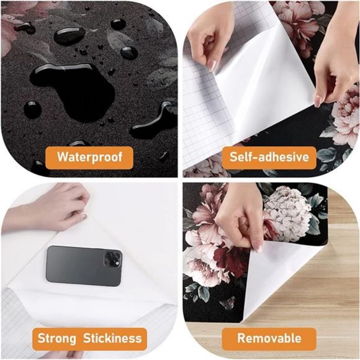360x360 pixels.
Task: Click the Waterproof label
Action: click(x=89, y=157)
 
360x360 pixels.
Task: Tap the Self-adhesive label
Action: click(x=269, y=157)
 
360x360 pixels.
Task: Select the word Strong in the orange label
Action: click(x=56, y=339)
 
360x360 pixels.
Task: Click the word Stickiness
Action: click(x=112, y=338)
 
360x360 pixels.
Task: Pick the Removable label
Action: click(x=269, y=339)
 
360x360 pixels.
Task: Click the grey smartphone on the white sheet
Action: click(x=84, y=266)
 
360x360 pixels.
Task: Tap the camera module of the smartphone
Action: click(x=112, y=258)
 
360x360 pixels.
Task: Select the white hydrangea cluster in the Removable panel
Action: click(x=287, y=214)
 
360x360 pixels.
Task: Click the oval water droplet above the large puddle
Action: click(x=70, y=35)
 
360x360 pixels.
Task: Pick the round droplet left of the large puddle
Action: click(x=33, y=110)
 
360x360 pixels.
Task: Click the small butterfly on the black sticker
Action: click(x=228, y=303)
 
